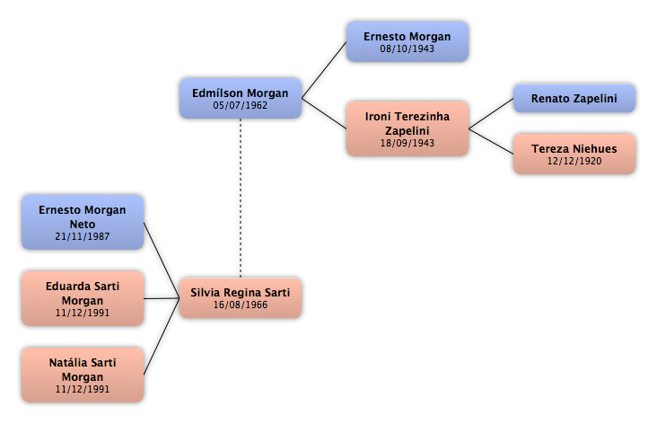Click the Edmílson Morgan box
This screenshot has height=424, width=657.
pos(241,98)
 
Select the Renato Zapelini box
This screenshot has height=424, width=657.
pos(574,98)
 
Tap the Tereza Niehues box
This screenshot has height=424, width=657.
pos(574,154)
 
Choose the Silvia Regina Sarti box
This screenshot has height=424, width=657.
pos(241,297)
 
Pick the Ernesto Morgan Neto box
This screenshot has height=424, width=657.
pos(83,222)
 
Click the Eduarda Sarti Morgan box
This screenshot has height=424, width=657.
pos(83,298)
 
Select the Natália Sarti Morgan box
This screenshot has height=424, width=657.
pos(83,375)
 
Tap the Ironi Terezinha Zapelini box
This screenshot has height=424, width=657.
pos(407,128)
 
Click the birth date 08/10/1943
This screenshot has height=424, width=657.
pos(407,49)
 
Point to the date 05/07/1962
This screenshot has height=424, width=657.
pos(240,105)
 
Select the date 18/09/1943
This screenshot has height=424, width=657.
pos(407,143)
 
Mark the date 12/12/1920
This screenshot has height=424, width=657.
pos(574,161)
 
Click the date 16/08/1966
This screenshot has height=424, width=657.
pos(240,305)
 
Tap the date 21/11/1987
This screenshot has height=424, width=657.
pos(83,236)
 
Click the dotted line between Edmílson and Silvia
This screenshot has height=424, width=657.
pos(241,198)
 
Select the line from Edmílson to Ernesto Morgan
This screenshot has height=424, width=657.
pos(324,70)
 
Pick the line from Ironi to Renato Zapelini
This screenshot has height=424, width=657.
pos(491,113)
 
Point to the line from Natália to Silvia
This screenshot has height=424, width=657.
pos(162,336)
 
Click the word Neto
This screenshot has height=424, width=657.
pos(83,225)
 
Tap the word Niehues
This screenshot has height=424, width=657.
pos(594,149)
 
